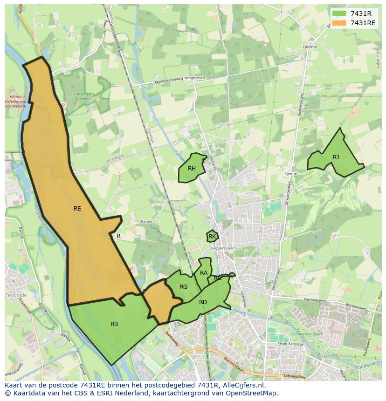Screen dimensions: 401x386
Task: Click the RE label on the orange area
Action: (77, 209)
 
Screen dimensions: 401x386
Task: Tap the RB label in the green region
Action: (114, 324)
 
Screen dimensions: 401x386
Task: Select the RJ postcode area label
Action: (336, 157)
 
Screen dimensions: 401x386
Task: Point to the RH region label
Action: (192, 169)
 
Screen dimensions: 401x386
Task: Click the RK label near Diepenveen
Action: (212, 237)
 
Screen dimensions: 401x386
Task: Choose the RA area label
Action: (204, 273)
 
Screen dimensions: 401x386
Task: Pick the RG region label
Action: (184, 287)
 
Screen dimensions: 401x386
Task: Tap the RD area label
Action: (203, 302)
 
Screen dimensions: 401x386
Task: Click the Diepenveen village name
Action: (222, 249)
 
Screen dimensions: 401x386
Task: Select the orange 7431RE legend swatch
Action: (339, 23)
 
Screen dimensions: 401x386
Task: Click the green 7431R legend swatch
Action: (339, 14)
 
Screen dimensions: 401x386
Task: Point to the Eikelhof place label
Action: (310, 47)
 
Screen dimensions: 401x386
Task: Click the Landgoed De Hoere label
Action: (83, 96)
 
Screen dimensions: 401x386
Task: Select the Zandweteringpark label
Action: (351, 335)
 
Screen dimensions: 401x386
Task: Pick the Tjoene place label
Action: (290, 173)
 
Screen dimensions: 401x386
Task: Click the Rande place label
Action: (146, 222)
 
